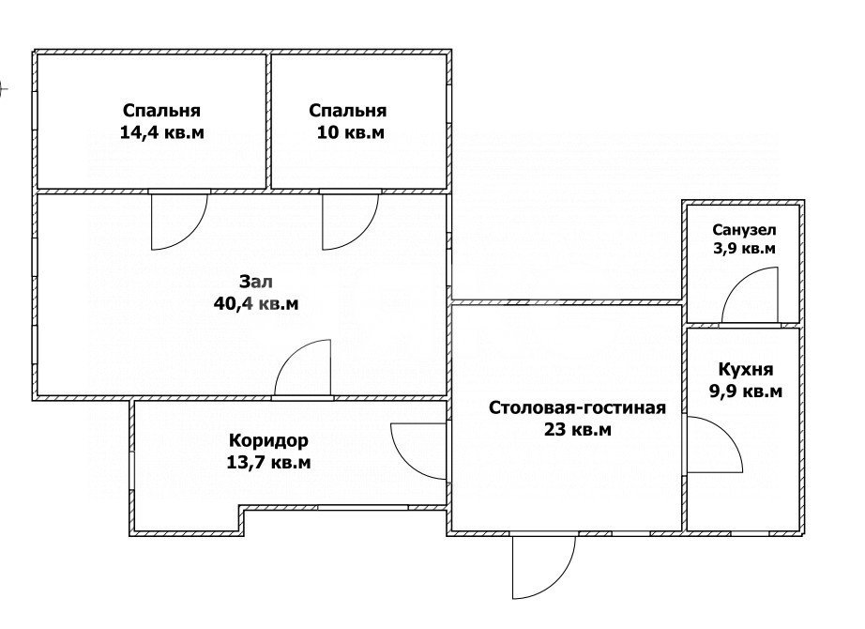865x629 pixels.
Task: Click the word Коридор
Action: [x=269, y=439]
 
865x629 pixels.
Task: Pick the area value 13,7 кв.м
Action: [x=269, y=462]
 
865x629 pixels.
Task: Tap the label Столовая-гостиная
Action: [x=577, y=407]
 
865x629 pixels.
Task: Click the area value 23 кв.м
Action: [x=577, y=430]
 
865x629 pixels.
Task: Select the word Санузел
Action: [x=743, y=230]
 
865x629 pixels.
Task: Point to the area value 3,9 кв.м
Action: [x=743, y=249]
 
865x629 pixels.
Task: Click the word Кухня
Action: [x=746, y=369]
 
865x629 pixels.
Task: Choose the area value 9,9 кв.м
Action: [x=746, y=391]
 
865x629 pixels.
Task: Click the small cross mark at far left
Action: [x=3, y=90]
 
